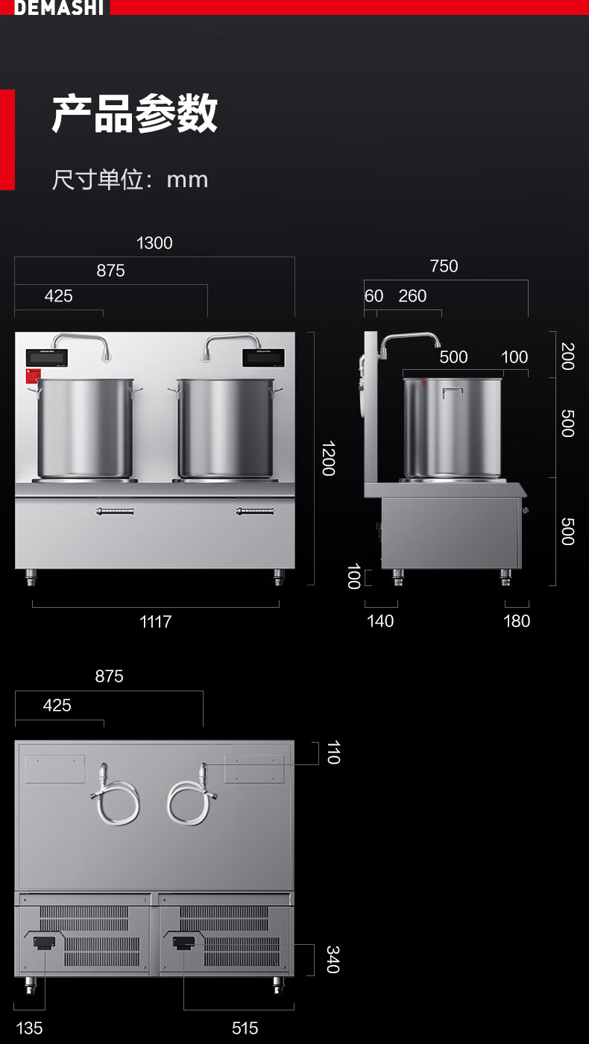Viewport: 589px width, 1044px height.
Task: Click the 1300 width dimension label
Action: pos(154,243)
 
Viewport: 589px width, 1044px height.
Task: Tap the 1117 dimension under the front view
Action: pos(156,621)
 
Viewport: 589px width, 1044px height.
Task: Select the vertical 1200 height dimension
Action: pos(329,458)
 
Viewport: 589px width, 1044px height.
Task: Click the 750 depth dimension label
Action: pos(444,266)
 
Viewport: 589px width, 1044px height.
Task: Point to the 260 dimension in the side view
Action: pos(412,296)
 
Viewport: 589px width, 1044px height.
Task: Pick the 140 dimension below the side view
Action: pos(380,620)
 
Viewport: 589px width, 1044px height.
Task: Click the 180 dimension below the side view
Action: pos(517,620)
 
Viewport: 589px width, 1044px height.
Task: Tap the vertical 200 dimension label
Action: pos(567,356)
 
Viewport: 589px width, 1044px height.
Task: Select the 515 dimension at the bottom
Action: pos(245,1028)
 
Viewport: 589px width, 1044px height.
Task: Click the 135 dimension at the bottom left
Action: pos(29,1028)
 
